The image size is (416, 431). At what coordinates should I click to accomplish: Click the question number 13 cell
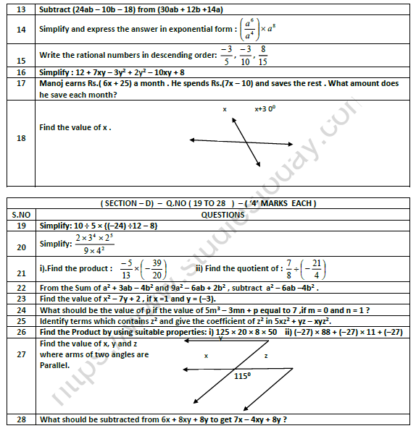coord(20,9)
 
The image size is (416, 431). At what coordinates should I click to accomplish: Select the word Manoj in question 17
coord(53,84)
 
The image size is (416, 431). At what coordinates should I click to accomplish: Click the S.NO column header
coord(20,214)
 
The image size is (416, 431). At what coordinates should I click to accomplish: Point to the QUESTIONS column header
coord(222,214)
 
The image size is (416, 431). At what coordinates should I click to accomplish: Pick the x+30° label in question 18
coord(266,109)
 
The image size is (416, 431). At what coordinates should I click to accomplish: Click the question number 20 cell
coord(20,247)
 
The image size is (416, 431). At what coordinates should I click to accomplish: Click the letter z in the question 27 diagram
coord(266,356)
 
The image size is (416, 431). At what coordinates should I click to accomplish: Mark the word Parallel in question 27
coord(56,364)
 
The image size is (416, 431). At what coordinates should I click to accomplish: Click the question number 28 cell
coord(20,419)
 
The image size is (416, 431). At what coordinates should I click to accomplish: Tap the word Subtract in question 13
coord(58,9)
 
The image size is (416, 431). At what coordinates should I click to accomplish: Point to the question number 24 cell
coord(20,310)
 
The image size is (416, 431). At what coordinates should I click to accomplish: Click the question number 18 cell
coord(20,143)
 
